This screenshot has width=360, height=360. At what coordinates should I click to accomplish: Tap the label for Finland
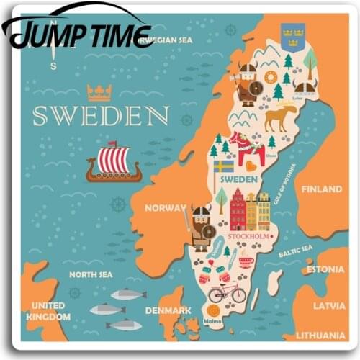tap(321, 189)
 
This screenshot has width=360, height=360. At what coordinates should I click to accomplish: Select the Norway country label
tap(166, 208)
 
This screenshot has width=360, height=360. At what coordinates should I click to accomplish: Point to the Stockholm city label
tap(249, 236)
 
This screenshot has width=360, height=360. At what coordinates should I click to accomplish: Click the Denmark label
tap(167, 310)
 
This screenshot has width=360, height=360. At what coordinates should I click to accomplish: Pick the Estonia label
tap(325, 270)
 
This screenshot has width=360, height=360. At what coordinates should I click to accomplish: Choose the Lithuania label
tap(320, 335)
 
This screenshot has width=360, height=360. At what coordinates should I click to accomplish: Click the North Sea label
tap(90, 274)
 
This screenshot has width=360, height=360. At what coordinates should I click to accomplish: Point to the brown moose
tap(280, 118)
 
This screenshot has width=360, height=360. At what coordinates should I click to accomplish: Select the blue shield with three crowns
tap(293, 36)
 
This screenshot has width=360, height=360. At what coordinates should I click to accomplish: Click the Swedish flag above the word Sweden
tap(224, 166)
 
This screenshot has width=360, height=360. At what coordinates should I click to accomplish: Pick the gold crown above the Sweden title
tap(99, 91)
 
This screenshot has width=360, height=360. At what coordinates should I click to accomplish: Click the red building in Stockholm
tap(238, 210)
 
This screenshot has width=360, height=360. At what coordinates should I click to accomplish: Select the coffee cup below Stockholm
tap(246, 261)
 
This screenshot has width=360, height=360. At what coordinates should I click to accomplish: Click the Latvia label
tap(328, 305)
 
